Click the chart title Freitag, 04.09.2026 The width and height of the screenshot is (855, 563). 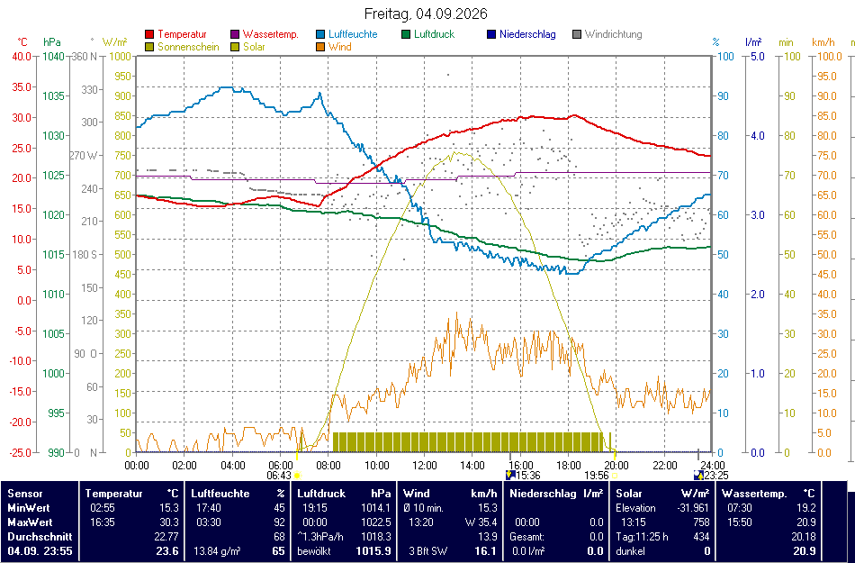426,14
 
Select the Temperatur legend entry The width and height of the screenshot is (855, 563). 176,34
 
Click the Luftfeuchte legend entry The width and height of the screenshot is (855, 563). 346,34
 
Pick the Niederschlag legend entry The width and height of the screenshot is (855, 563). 521,34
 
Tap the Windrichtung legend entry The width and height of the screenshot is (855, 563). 607,34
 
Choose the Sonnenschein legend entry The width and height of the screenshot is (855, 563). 182,47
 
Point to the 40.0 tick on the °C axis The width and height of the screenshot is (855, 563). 22,56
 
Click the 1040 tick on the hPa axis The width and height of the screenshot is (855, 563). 54,56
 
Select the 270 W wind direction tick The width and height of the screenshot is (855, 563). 84,156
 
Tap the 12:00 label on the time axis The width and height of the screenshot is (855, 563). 425,466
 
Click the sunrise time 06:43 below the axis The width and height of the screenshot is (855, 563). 279,475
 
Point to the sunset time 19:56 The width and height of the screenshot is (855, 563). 597,475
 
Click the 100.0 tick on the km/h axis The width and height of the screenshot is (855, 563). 827,56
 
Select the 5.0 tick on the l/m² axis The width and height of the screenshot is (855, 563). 758,56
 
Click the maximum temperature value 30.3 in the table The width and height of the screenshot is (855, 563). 168,522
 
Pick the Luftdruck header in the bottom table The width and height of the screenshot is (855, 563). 321,494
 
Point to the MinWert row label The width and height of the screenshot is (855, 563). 28,508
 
